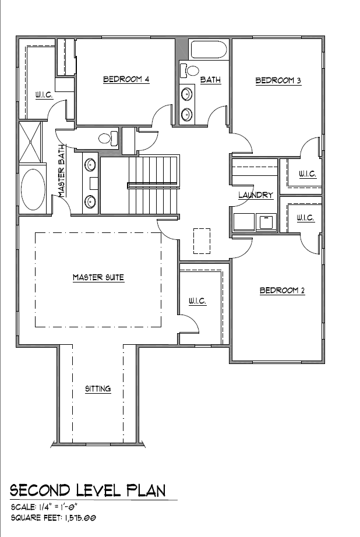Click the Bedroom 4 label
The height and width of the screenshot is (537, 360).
[126, 79]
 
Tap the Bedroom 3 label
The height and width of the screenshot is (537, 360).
[278, 80]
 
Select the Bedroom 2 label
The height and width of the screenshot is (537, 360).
[283, 291]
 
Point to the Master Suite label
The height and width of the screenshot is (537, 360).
[98, 277]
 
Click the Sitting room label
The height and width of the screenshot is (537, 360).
[98, 388]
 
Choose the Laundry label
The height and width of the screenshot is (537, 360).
[256, 195]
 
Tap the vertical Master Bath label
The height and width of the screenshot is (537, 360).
[62, 171]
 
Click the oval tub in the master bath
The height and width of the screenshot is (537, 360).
[33, 189]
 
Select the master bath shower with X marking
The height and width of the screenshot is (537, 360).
[30, 142]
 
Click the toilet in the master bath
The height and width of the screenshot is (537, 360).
[108, 138]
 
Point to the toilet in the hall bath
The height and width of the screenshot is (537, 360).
[189, 70]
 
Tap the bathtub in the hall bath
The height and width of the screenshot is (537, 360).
[209, 50]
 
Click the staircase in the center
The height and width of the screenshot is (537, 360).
[154, 185]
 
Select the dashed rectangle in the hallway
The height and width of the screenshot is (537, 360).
[202, 241]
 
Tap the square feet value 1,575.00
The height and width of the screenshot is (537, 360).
[79, 517]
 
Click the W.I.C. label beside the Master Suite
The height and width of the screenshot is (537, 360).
[197, 301]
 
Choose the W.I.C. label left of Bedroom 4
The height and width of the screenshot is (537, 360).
[44, 94]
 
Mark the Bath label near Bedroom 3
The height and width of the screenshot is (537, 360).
[210, 80]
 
